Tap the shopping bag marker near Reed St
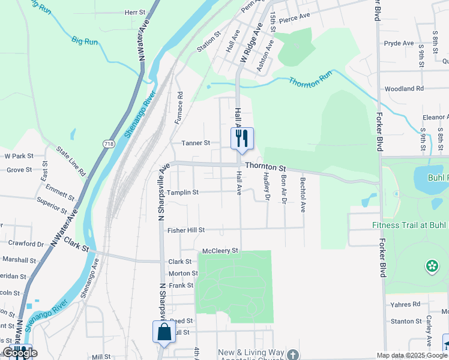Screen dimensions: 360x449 point(164,332)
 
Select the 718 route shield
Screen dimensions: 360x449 point(109,144)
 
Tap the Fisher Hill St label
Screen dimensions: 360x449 point(186,230)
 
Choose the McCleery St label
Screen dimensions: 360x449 point(220,250)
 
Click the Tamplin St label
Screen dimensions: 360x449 point(182,193)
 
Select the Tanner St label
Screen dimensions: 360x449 point(196,143)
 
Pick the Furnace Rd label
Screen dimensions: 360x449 point(179,108)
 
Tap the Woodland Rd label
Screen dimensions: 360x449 point(404,88)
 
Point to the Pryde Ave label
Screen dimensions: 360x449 point(399,43)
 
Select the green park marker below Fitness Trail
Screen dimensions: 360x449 point(431,265)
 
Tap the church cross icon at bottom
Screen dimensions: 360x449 point(292,354)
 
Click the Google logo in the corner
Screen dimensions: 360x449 point(20,352)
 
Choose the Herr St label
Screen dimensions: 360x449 point(135,12)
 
